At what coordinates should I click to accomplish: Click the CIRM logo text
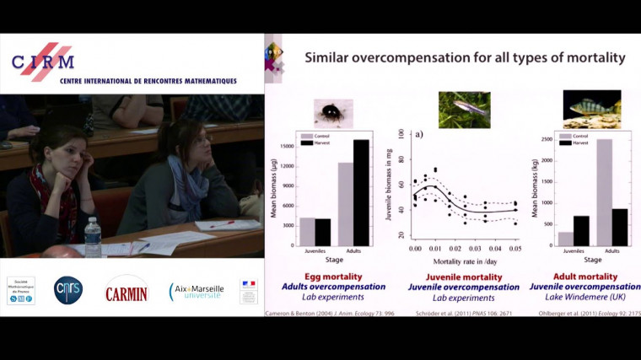[42, 61]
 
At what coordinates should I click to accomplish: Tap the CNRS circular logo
[68, 290]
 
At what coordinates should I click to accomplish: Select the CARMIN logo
[127, 292]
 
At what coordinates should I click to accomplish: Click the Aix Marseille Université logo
[197, 292]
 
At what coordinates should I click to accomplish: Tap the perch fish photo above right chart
[592, 109]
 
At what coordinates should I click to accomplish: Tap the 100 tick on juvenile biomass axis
[402, 134]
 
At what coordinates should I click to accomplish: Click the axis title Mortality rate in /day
[463, 261]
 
